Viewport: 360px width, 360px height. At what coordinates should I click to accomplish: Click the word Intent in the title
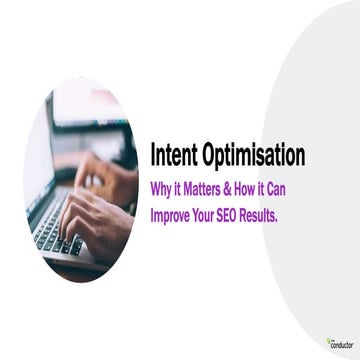[172, 156]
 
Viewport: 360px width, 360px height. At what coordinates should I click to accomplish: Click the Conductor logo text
[341, 344]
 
